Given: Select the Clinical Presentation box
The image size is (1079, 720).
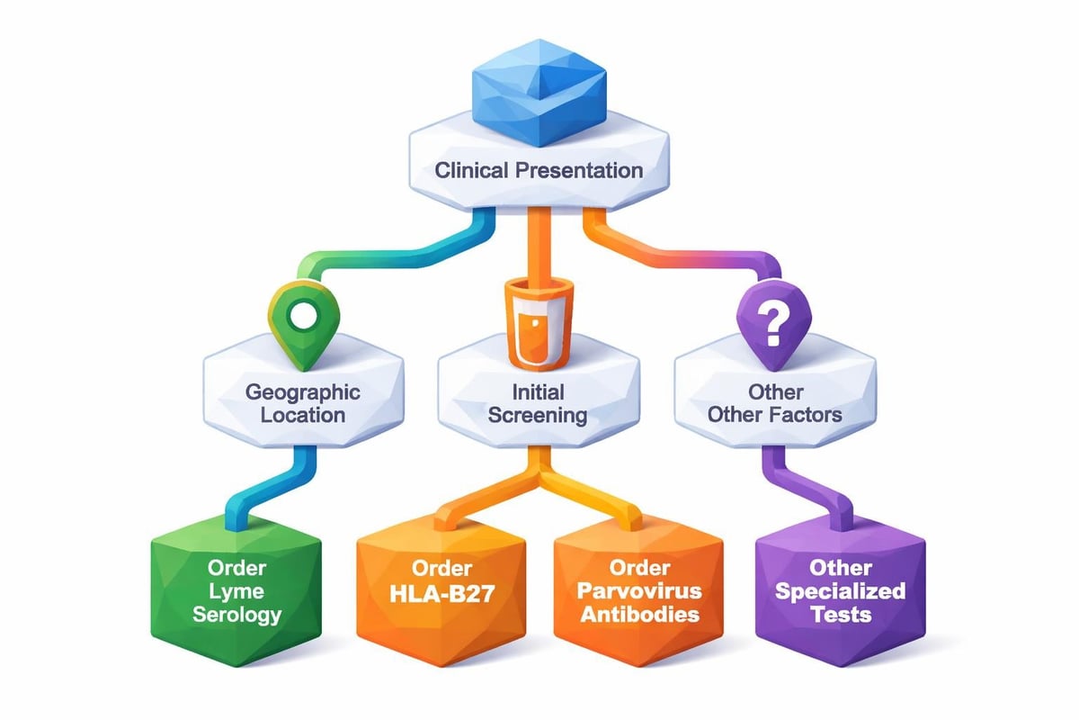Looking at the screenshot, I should click(539, 169).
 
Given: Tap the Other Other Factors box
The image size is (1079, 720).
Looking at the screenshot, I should click(774, 403).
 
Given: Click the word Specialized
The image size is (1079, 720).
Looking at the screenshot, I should click(840, 592).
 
